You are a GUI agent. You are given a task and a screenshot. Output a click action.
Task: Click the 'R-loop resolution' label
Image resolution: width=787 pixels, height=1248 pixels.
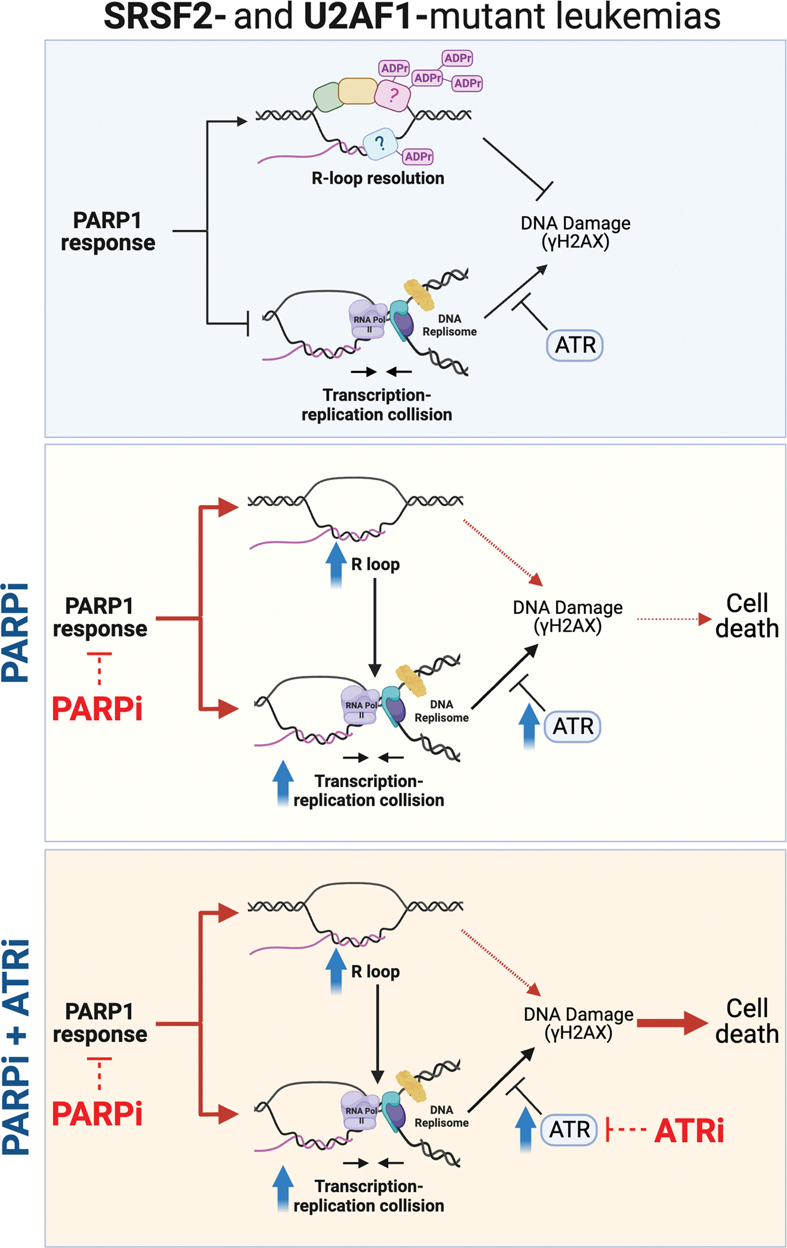tap(378, 178)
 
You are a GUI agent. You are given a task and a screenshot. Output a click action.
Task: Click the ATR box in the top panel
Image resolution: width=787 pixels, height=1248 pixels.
tap(574, 345)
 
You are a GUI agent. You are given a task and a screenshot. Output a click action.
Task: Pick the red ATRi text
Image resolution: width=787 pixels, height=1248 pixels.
tap(689, 1130)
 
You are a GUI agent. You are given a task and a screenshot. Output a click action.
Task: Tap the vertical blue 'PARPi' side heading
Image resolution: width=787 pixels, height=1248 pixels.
tap(16, 633)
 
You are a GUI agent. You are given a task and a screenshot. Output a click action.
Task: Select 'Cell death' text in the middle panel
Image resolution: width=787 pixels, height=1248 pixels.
tap(747, 616)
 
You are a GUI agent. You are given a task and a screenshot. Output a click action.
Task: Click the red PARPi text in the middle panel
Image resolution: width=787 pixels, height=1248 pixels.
tap(97, 709)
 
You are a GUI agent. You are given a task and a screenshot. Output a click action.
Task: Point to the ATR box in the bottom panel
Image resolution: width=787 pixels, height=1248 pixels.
tap(569, 1130)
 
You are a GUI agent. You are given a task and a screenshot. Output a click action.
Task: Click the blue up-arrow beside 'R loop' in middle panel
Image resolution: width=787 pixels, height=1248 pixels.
tap(336, 564)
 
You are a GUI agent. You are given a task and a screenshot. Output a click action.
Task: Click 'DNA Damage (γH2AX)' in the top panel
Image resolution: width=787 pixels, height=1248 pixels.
tap(575, 232)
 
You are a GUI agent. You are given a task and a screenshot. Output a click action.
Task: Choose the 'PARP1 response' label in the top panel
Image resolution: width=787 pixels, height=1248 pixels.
tap(108, 232)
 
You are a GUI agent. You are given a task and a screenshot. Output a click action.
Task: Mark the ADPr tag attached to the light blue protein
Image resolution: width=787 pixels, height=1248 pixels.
tap(418, 157)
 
